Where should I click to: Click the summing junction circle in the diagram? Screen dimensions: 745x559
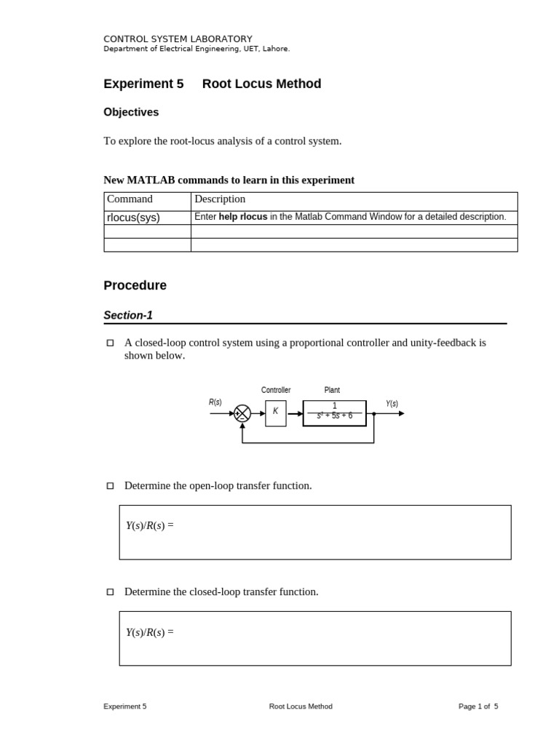pos(242,413)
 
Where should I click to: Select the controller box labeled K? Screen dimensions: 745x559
pos(276,413)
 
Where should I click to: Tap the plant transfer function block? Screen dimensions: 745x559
pos(334,413)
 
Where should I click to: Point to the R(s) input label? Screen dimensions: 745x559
pos(215,402)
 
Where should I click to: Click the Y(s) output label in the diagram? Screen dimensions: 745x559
pos(392,404)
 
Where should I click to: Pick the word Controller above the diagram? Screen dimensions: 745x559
pos(276,390)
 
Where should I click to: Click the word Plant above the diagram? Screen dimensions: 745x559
pos(332,390)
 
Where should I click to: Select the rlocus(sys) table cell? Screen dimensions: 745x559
pos(133,217)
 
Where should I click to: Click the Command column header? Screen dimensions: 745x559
pos(130,199)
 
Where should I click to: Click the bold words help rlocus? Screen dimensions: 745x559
pos(243,217)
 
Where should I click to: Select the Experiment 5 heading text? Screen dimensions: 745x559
pos(143,84)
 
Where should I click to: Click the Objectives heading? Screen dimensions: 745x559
pos(131,112)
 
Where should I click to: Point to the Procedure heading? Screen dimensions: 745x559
pos(135,285)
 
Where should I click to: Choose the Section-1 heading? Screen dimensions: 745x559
pos(128,315)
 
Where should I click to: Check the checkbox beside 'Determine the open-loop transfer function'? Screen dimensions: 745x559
pos(111,486)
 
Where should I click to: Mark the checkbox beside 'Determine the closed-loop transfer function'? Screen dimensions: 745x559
pos(111,592)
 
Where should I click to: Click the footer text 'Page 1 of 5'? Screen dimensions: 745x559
pos(478,706)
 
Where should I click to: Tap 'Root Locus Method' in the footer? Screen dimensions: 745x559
pos(301,706)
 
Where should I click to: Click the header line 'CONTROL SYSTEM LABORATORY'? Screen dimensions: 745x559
pos(178,39)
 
